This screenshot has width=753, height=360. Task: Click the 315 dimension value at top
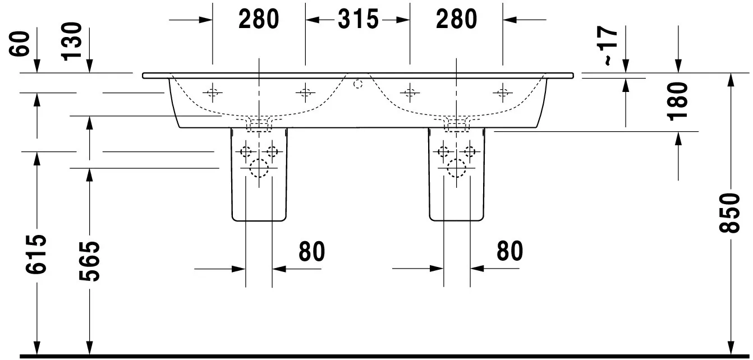(x=358, y=19)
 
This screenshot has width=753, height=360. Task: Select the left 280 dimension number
(x=259, y=19)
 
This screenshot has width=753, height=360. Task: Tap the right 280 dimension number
(x=456, y=19)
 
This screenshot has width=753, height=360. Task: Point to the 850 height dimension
(x=730, y=213)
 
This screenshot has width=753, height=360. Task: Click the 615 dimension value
(x=36, y=254)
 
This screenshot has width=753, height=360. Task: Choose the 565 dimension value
(x=89, y=261)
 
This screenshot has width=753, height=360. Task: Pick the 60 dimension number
(x=19, y=44)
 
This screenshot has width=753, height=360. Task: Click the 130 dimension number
(x=72, y=41)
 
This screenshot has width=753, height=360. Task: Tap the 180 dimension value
(x=678, y=101)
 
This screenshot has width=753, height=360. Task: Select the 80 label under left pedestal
(x=311, y=251)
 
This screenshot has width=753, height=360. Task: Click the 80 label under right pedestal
(x=509, y=251)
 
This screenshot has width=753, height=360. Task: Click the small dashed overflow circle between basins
(x=358, y=84)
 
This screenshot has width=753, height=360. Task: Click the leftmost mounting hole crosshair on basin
(x=213, y=93)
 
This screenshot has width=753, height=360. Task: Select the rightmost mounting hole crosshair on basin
(x=503, y=93)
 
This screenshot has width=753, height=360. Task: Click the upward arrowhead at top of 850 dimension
(x=730, y=79)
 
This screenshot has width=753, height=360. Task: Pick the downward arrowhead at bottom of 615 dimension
(x=36, y=348)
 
